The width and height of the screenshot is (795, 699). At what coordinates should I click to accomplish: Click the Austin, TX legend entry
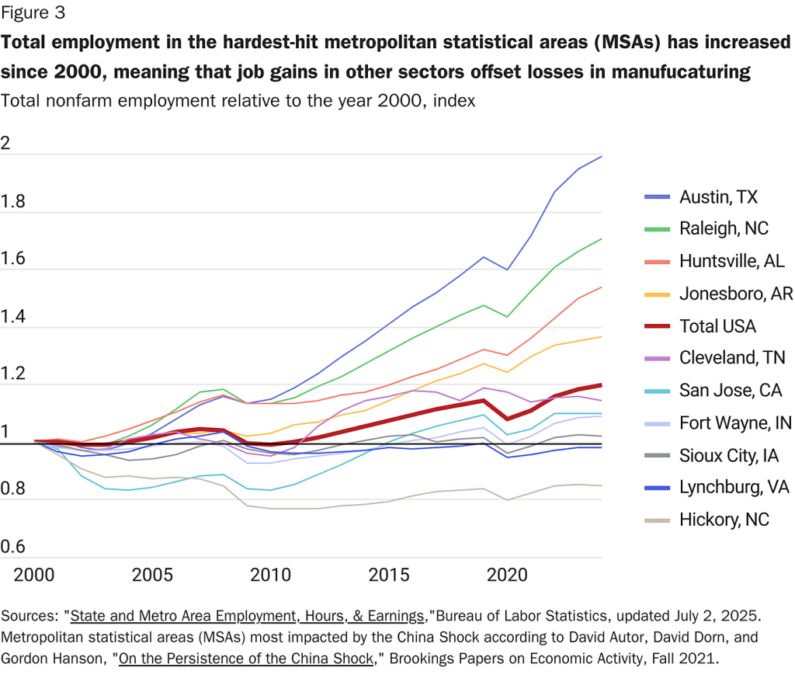pyautogui.click(x=718, y=196)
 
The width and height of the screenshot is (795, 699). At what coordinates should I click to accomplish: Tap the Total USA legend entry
pyautogui.click(x=717, y=326)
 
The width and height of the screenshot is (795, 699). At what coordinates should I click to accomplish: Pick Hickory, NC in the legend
pyautogui.click(x=724, y=520)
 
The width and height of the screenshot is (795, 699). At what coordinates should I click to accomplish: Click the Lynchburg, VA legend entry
pyautogui.click(x=734, y=487)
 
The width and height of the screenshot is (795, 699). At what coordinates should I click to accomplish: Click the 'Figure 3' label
pyautogui.click(x=33, y=12)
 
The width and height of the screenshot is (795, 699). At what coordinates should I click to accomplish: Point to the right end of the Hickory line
pyautogui.click(x=602, y=485)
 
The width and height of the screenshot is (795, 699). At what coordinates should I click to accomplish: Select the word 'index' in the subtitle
pyautogui.click(x=453, y=101)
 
